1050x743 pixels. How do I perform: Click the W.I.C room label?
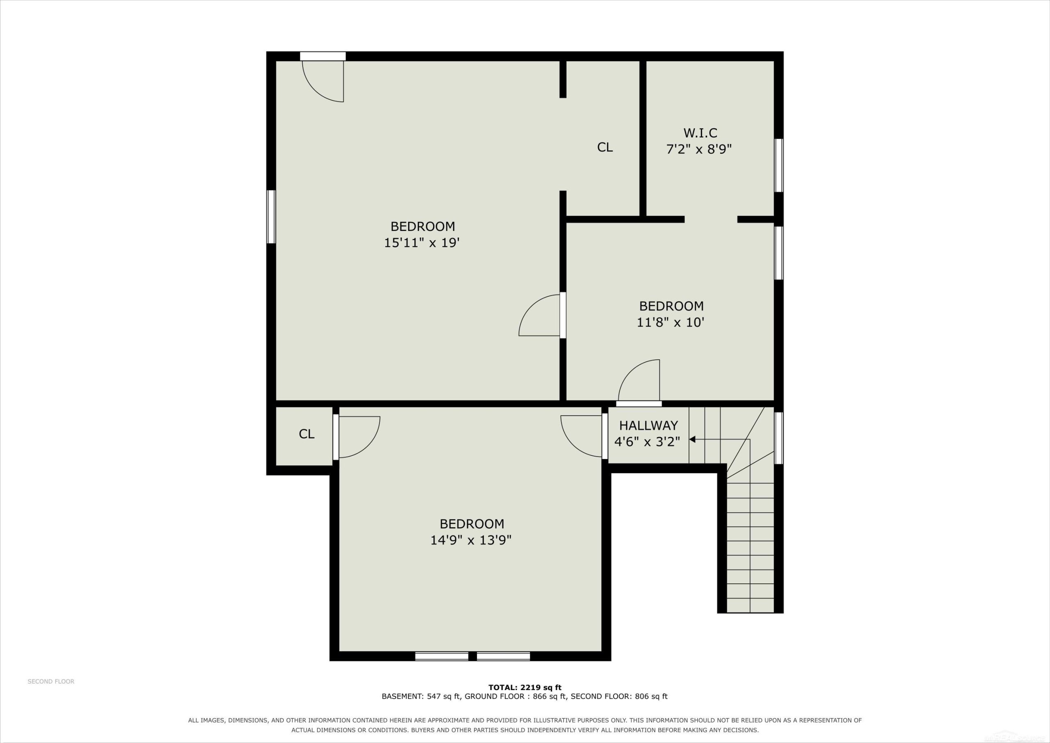700,133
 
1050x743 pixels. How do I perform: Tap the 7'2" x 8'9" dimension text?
699,149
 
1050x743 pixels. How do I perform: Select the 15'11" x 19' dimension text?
422,242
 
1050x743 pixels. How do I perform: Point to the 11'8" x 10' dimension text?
671,322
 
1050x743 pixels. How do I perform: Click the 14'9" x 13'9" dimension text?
470,540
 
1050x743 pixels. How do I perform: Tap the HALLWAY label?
648,425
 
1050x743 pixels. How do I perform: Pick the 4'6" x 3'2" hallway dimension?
647,441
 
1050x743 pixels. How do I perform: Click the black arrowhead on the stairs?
692,439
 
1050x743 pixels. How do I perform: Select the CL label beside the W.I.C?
605,147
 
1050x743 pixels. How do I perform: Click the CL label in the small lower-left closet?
306,434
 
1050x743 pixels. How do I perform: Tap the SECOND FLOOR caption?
51,681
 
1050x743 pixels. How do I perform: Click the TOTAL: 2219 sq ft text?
525,687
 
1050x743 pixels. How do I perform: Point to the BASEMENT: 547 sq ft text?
421,696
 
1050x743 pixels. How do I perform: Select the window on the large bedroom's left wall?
271,217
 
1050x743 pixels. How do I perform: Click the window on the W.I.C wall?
778,165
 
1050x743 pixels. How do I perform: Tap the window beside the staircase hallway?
778,438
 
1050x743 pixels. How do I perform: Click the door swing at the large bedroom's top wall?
323,81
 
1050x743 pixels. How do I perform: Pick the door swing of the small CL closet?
359,437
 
